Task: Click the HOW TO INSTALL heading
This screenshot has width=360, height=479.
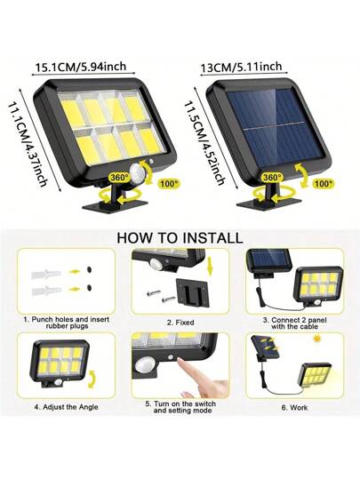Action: [x=180, y=238]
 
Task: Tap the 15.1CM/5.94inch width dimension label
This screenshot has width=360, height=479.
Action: [x=81, y=67]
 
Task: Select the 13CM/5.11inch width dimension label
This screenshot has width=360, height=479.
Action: [x=241, y=68]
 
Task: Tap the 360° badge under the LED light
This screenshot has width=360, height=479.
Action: [x=119, y=178]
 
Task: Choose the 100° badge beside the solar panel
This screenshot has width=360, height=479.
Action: [x=324, y=184]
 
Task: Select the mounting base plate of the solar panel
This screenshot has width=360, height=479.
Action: [x=269, y=204]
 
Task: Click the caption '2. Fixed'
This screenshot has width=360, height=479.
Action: [x=180, y=323]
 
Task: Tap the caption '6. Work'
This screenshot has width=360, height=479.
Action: [x=294, y=408]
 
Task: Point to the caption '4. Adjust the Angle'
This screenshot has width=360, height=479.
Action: [x=67, y=407]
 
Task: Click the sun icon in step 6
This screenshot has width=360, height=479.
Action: [x=318, y=339]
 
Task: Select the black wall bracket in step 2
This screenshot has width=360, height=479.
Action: [x=192, y=292]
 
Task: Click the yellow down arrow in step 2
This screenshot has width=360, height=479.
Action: [x=210, y=266]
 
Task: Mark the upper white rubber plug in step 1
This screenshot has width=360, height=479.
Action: [x=46, y=274]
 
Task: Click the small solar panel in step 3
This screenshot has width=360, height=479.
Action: [x=269, y=261]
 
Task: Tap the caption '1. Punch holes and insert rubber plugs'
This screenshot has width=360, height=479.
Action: [x=67, y=323]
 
